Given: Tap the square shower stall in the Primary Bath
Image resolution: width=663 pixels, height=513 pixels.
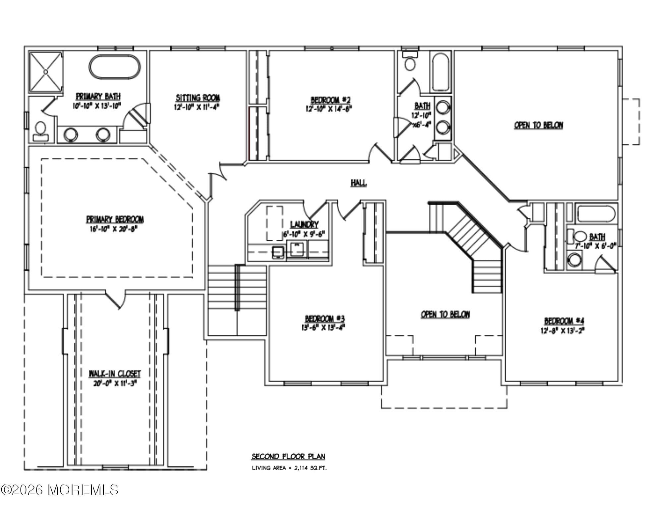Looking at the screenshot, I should tap(45, 72).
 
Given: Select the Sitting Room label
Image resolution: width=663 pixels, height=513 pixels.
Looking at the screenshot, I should tap(198, 98).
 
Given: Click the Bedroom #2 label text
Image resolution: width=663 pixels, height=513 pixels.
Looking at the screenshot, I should tap(331, 100).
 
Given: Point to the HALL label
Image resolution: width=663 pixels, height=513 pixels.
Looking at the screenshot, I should tap(359, 183).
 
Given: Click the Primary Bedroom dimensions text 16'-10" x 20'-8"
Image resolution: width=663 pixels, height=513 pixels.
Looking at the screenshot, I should tap(115, 229).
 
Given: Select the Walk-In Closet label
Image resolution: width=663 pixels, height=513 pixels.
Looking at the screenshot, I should tap(114, 374).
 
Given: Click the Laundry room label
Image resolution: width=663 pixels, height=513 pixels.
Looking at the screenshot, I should tap(304, 224).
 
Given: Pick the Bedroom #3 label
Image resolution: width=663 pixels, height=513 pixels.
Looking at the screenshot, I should tap(325, 319).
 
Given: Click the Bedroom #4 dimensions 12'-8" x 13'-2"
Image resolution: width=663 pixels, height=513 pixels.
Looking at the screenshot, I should tap(564, 330).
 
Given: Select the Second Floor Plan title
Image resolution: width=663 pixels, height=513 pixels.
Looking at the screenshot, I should tap(288, 457).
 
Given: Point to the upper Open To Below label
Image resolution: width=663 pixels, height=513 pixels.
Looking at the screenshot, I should tap(538, 125).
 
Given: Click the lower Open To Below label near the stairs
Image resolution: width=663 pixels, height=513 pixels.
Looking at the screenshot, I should tap(445, 314).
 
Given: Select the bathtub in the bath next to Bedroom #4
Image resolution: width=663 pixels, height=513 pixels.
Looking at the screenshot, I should tap(596, 213).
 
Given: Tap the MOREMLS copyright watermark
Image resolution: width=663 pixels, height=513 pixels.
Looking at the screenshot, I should tap(60, 490).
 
